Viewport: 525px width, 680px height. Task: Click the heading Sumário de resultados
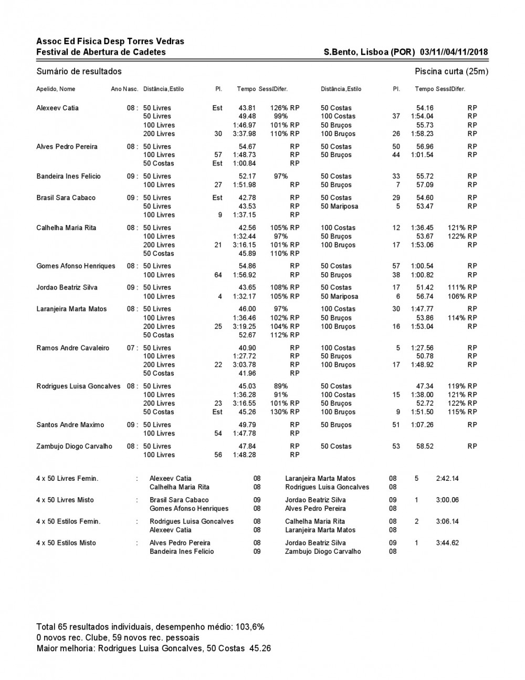[79, 71]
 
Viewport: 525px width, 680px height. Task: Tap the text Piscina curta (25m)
[451, 71]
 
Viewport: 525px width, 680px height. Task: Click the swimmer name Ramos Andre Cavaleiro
[73, 348]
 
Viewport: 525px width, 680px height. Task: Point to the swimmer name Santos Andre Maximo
[70, 425]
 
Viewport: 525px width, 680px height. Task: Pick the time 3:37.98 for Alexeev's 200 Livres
[244, 134]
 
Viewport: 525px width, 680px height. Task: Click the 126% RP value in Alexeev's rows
[285, 108]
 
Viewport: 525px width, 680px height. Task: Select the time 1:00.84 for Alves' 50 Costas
[244, 163]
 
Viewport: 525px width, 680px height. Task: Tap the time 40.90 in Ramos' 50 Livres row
[247, 348]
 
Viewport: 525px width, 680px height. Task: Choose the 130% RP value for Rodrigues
[285, 412]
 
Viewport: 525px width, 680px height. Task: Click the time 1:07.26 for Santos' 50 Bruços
[422, 425]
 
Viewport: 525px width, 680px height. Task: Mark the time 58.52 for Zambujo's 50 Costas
[425, 446]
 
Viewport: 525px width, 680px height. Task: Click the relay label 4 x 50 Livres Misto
[65, 500]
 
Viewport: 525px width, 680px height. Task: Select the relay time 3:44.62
[447, 543]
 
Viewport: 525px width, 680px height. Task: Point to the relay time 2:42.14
[447, 478]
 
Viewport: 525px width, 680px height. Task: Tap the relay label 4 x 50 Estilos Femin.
[68, 521]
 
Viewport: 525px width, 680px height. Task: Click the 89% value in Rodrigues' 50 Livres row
[281, 386]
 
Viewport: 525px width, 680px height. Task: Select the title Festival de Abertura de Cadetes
[101, 52]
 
